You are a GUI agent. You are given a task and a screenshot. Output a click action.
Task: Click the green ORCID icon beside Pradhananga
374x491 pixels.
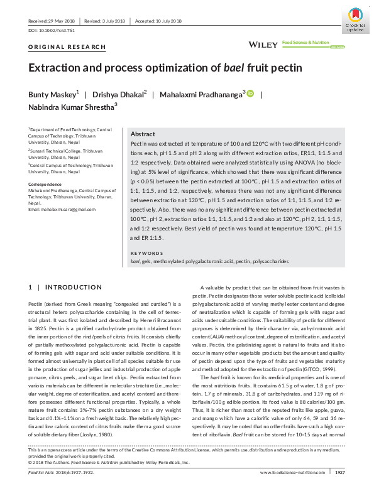tap(250, 94)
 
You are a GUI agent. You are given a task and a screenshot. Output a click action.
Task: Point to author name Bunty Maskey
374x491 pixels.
tap(52, 94)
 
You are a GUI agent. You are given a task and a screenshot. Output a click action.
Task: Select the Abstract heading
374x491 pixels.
tap(143, 134)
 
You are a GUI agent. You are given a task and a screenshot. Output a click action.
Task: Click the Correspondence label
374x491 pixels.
tap(47, 184)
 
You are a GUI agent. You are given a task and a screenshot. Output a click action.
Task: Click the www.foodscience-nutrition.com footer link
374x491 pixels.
tap(290, 472)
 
